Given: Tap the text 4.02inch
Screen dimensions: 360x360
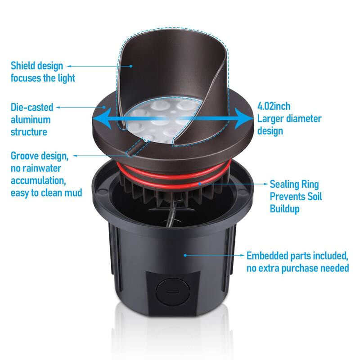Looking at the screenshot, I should (274, 107).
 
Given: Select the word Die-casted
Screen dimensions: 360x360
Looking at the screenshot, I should (32, 108).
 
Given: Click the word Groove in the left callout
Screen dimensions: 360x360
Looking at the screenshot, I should (25, 156).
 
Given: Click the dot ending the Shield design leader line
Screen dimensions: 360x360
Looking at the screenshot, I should (131, 66).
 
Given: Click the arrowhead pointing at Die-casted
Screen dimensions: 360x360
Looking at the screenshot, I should (59, 108).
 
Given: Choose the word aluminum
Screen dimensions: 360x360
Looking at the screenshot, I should (31, 120).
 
